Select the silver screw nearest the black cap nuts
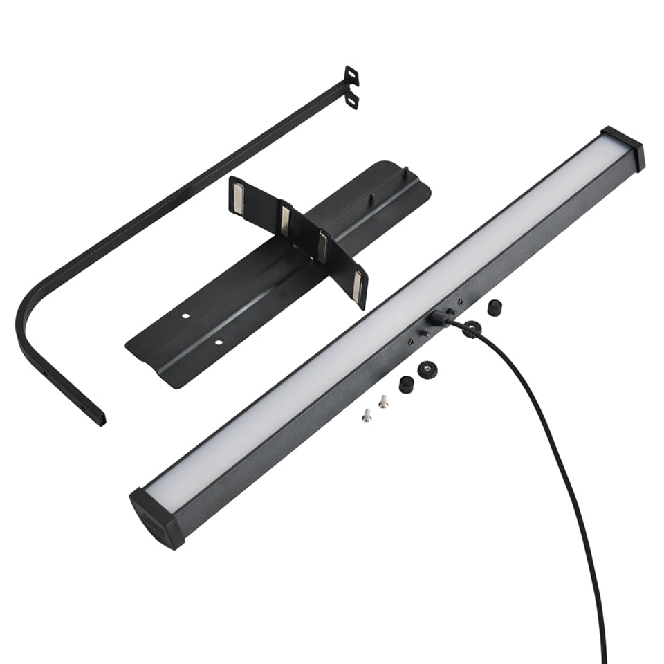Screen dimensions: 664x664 [x=382, y=401]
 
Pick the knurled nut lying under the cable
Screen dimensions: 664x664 [x=472, y=329]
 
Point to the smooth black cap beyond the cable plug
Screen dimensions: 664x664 [x=494, y=308]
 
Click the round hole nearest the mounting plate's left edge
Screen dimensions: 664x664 [x=185, y=315]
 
